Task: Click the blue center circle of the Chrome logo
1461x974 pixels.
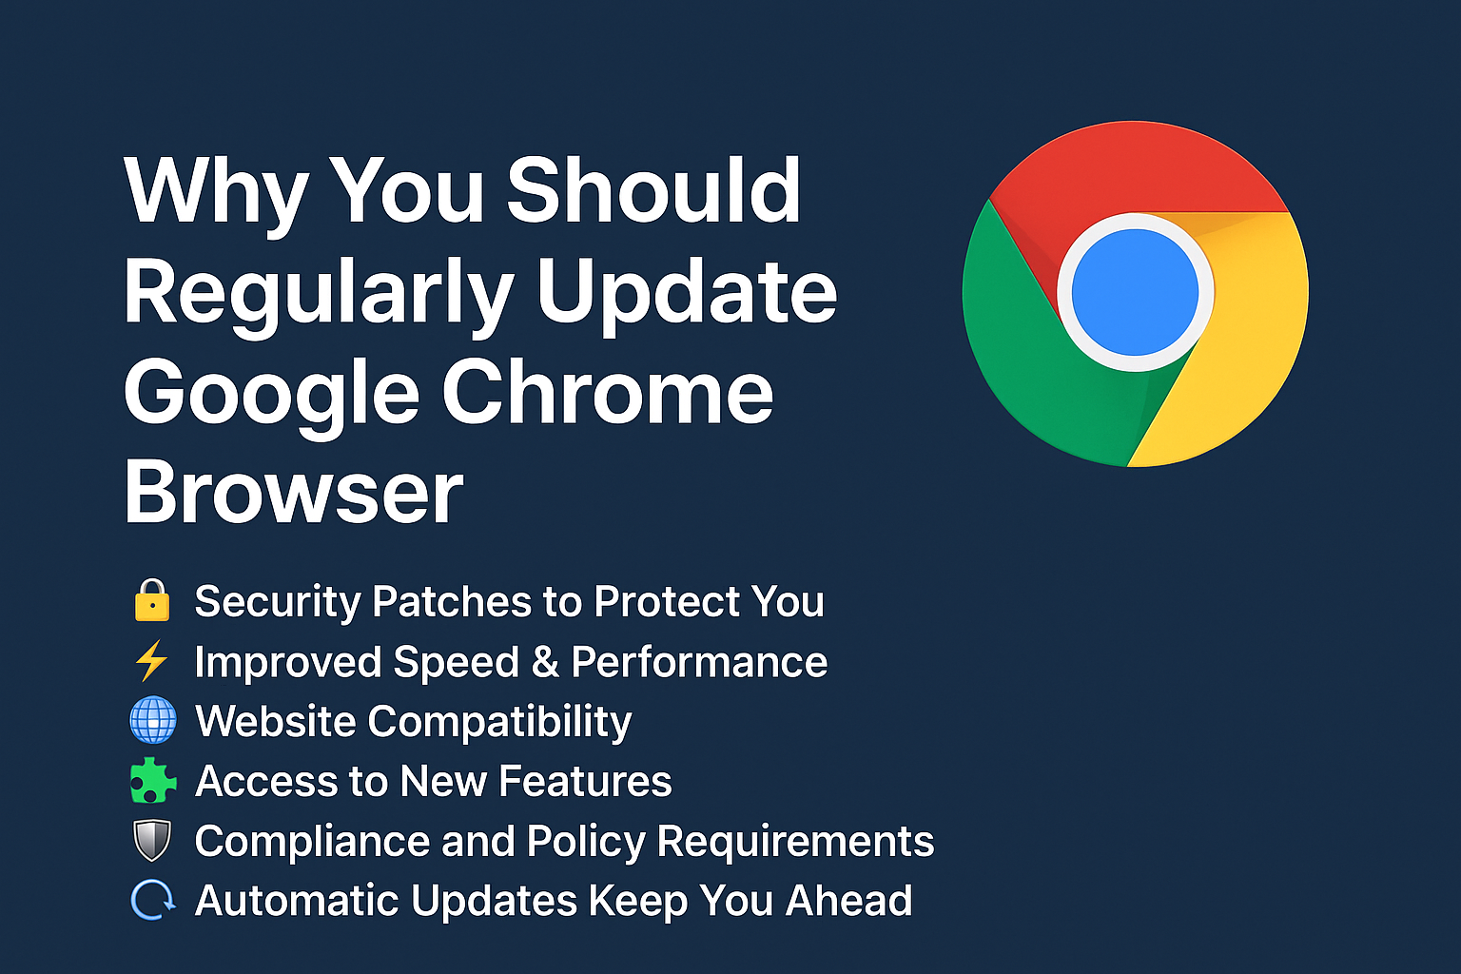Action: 1135,292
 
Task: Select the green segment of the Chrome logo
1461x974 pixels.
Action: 1030,365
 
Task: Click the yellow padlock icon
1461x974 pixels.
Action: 152,599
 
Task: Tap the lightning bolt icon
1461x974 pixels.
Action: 151,660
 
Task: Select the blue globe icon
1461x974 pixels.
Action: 152,720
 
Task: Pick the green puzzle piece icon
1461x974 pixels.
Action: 152,780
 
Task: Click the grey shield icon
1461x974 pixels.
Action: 152,840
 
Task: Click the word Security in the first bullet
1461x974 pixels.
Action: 277,601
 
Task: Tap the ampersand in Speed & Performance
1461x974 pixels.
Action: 545,661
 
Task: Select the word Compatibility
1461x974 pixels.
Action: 499,722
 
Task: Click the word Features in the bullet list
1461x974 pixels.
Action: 585,781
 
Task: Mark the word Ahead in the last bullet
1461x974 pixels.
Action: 848,900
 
